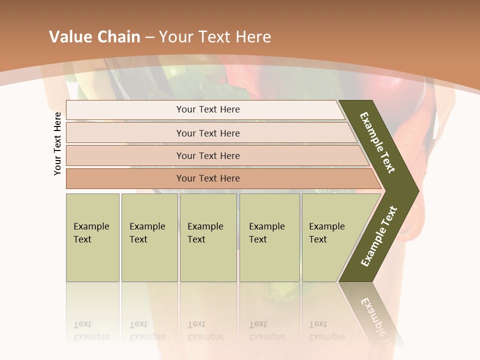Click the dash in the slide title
click(149, 37)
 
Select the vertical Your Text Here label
click(57, 143)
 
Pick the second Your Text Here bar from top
click(208, 133)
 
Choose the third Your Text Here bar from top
click(208, 155)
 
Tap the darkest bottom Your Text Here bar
click(208, 178)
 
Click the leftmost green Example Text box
click(92, 237)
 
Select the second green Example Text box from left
click(149, 237)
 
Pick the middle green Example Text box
click(208, 237)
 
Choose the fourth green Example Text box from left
click(269, 237)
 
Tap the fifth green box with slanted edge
click(330, 237)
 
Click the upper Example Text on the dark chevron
click(377, 142)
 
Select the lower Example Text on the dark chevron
click(379, 236)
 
